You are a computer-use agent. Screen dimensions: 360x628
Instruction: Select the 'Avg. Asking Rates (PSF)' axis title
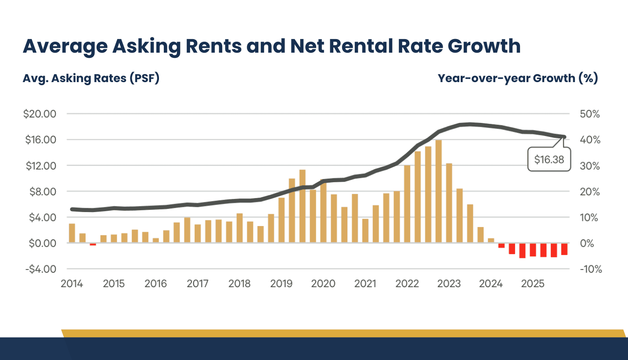point(91,78)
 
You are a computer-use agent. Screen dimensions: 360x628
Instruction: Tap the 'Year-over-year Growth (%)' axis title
point(518,78)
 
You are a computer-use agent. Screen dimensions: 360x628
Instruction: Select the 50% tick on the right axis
point(589,114)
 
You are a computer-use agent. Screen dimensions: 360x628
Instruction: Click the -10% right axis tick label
point(590,269)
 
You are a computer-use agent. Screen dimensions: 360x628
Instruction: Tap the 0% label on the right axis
point(589,243)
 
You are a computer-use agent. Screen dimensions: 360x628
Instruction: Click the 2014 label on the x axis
point(72,284)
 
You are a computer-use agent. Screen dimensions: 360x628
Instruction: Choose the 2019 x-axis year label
point(281,284)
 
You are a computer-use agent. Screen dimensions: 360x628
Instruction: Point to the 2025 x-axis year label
point(533,284)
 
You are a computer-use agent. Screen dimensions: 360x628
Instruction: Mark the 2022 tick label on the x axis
point(407,284)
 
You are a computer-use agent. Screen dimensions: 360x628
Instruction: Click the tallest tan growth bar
point(438,191)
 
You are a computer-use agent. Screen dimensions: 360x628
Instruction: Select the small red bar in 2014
point(93,244)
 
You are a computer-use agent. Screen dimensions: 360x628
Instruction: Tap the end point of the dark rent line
point(564,137)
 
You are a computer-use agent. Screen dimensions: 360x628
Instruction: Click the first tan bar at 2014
point(72,233)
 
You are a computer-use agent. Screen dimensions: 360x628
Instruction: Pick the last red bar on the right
point(564,249)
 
